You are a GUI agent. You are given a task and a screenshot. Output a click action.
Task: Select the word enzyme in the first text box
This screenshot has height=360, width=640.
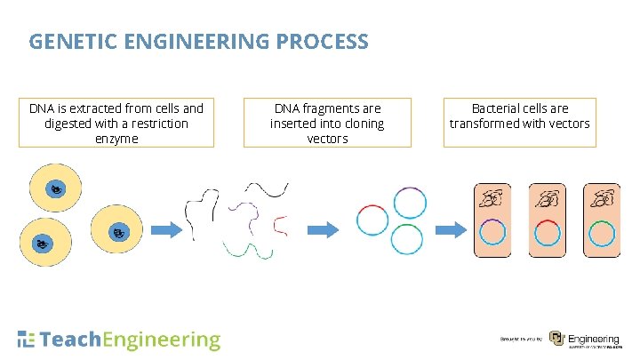(116, 139)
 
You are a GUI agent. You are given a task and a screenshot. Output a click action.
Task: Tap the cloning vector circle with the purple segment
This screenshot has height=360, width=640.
(409, 204)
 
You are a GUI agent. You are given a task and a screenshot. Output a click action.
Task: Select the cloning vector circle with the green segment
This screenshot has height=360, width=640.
(406, 238)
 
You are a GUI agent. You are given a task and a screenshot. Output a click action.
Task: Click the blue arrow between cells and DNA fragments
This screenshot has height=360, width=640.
(167, 230)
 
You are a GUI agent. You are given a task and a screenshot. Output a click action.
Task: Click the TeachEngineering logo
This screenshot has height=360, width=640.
(118, 340)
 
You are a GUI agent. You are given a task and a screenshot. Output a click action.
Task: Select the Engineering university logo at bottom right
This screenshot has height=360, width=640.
(583, 340)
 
